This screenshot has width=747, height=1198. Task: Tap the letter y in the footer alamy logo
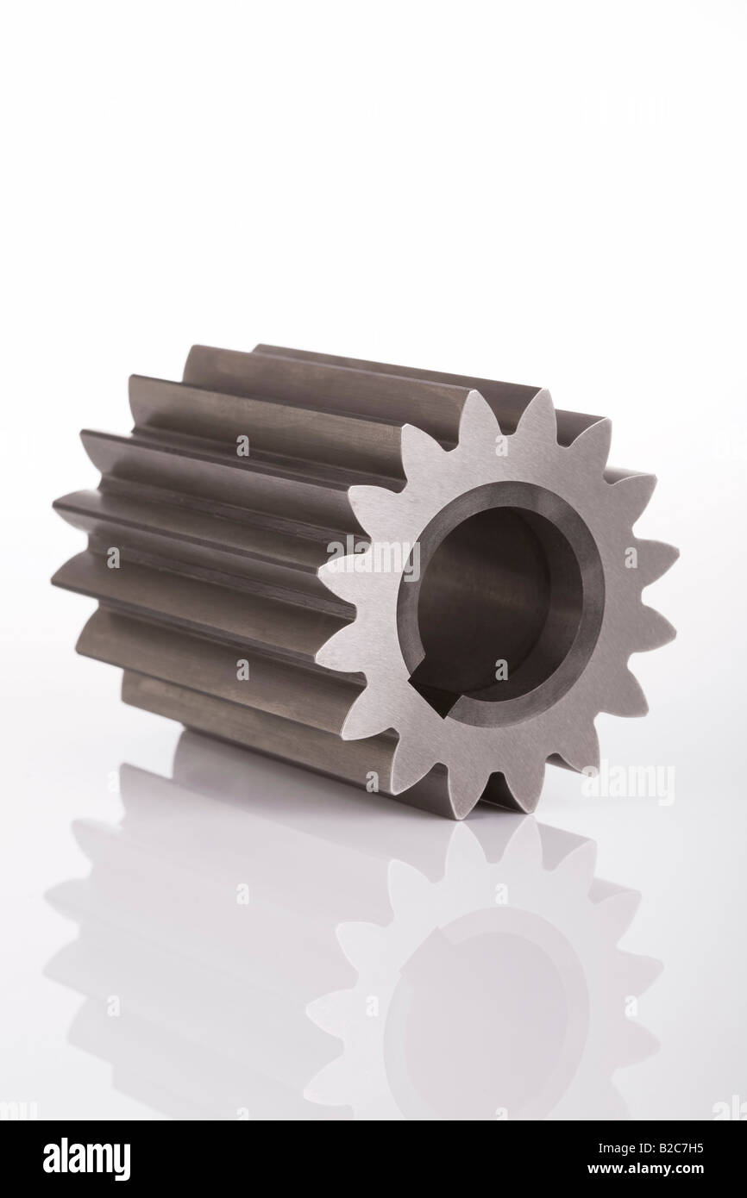pyautogui.click(x=122, y=1162)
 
